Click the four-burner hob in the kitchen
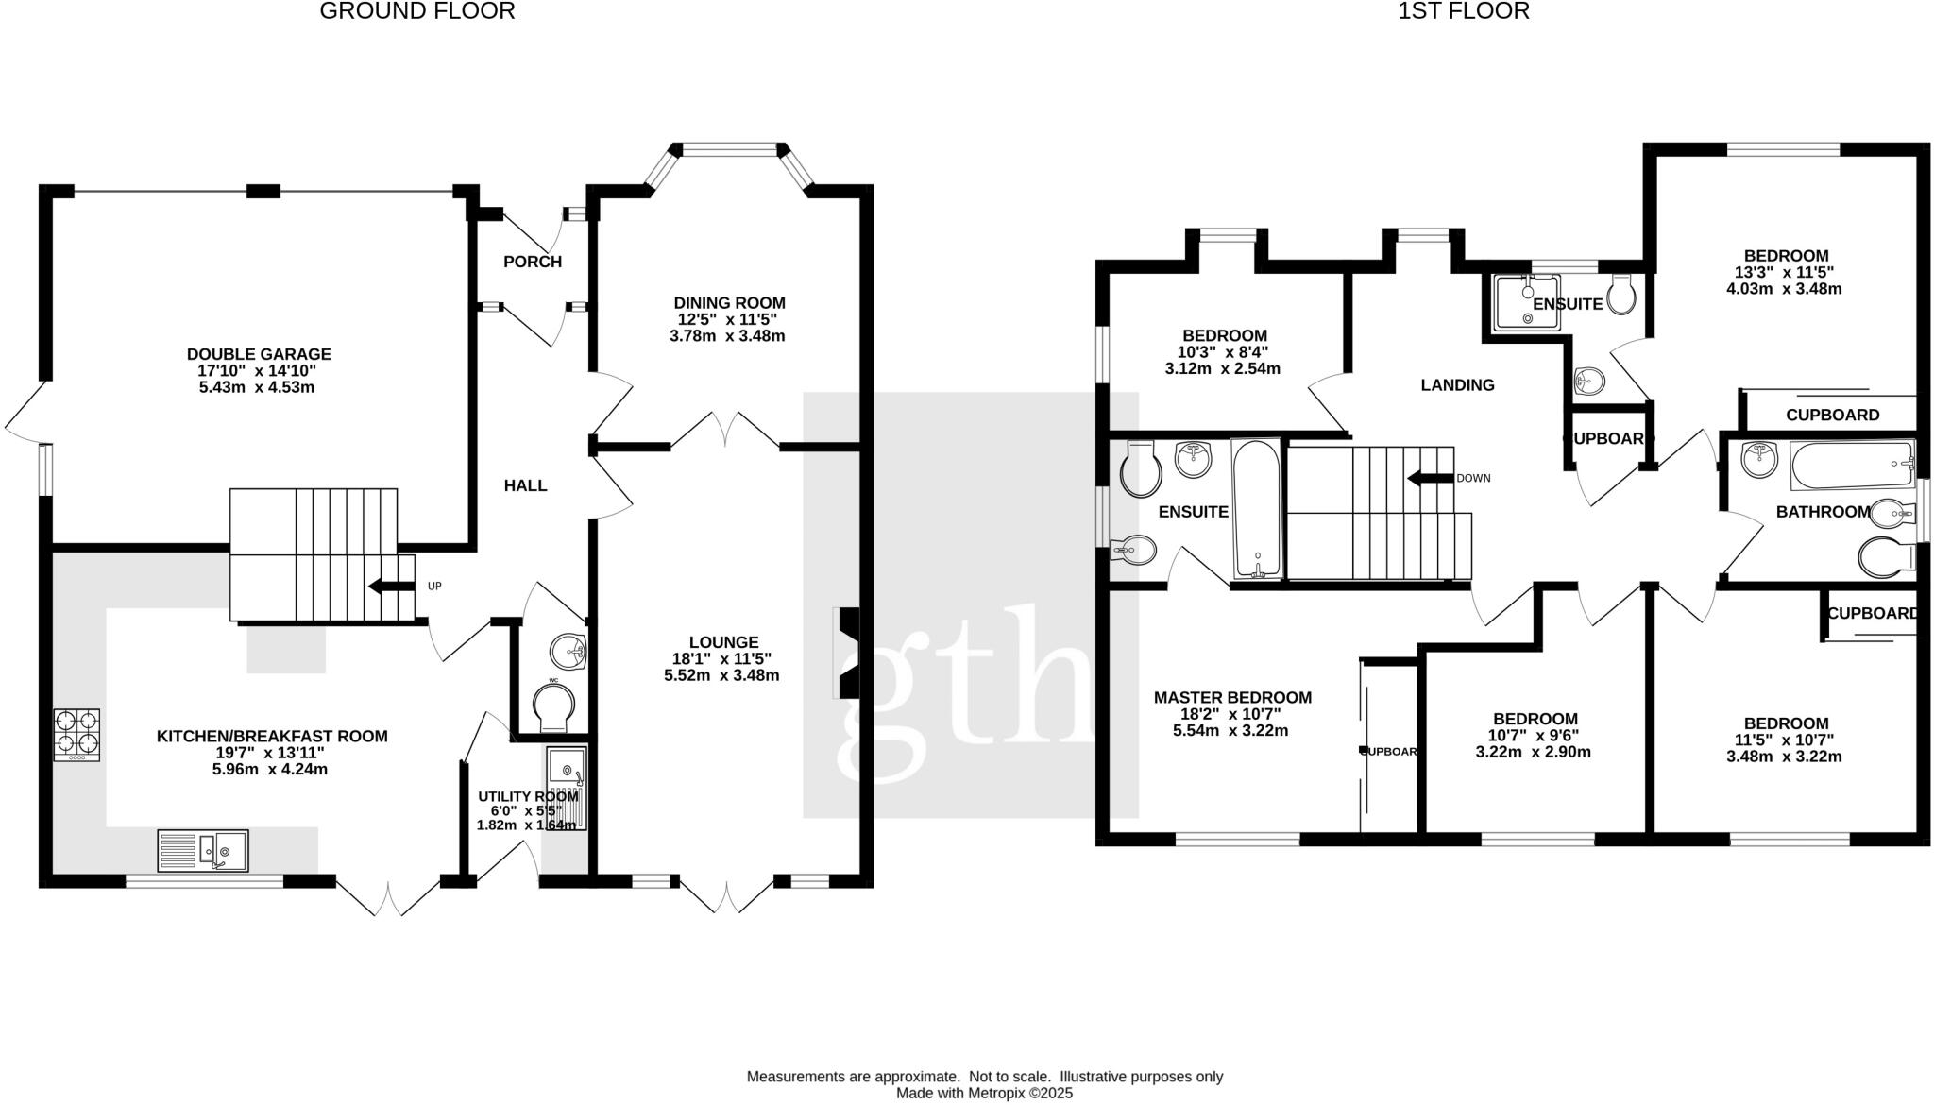pyautogui.click(x=76, y=735)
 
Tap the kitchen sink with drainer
pyautogui.click(x=202, y=849)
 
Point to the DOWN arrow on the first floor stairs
pyautogui.click(x=1430, y=478)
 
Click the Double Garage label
pyautogui.click(x=259, y=354)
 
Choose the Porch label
pyautogui.click(x=533, y=262)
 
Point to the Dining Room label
pyautogui.click(x=729, y=303)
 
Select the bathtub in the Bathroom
pyautogui.click(x=1851, y=465)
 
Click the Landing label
pyautogui.click(x=1457, y=385)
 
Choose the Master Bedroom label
pyautogui.click(x=1232, y=698)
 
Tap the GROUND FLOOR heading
pyautogui.click(x=417, y=11)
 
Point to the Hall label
pyautogui.click(x=525, y=485)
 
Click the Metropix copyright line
pyautogui.click(x=984, y=1094)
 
